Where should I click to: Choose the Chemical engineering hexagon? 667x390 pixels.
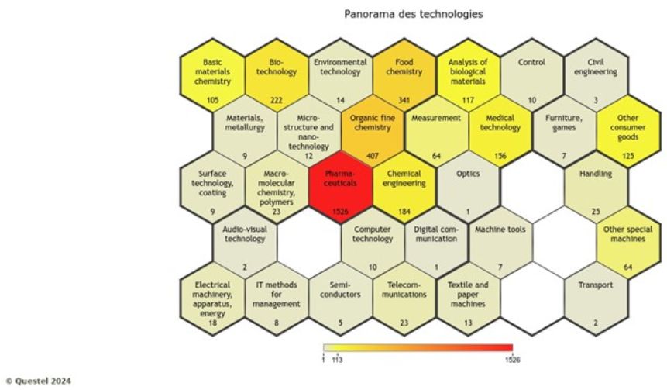(x=404, y=188)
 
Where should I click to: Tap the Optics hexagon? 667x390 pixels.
(x=469, y=188)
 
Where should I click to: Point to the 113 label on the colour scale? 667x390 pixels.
(x=338, y=360)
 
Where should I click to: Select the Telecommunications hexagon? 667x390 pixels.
(x=404, y=298)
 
